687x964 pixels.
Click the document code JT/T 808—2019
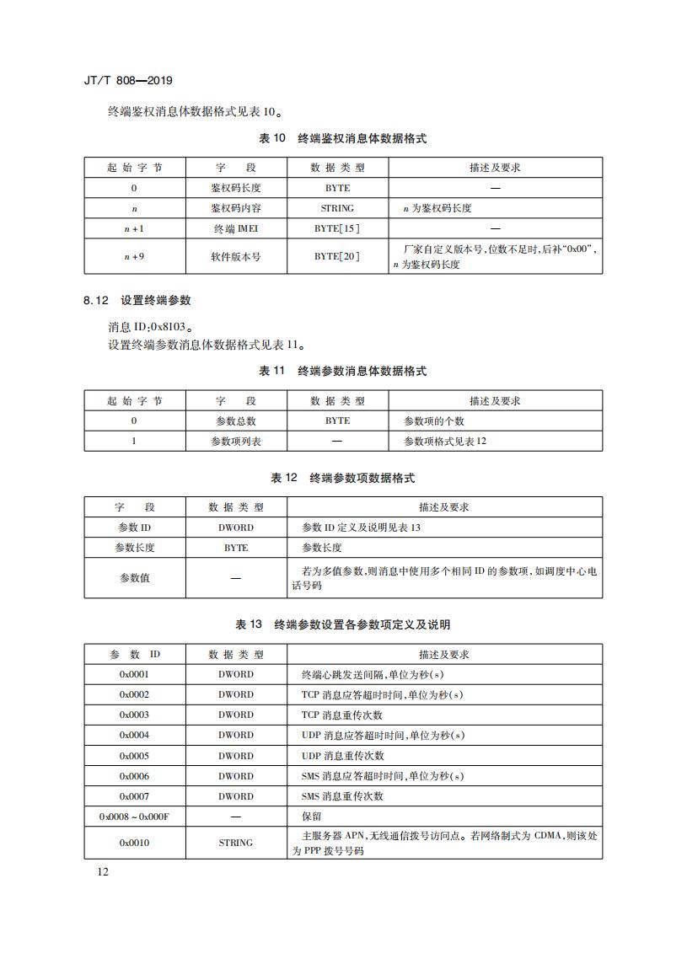pos(128,81)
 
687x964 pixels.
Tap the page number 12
pos(102,871)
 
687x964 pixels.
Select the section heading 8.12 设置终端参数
pos(137,300)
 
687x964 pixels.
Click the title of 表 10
pos(343,138)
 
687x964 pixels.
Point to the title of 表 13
pos(343,624)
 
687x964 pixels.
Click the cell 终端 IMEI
pos(235,228)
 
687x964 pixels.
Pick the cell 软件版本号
pos(235,256)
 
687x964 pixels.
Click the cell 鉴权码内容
pos(235,208)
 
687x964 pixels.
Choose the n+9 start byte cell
pos(134,256)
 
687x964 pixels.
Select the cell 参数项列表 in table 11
pos(235,442)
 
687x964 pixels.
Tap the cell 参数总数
pos(235,421)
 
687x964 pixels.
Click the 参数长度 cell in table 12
pos(135,548)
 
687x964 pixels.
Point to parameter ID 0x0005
pos(134,756)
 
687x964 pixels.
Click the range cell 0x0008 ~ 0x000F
pos(134,817)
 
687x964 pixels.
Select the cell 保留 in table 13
pos(311,817)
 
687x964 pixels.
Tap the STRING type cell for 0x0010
pos(235,843)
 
